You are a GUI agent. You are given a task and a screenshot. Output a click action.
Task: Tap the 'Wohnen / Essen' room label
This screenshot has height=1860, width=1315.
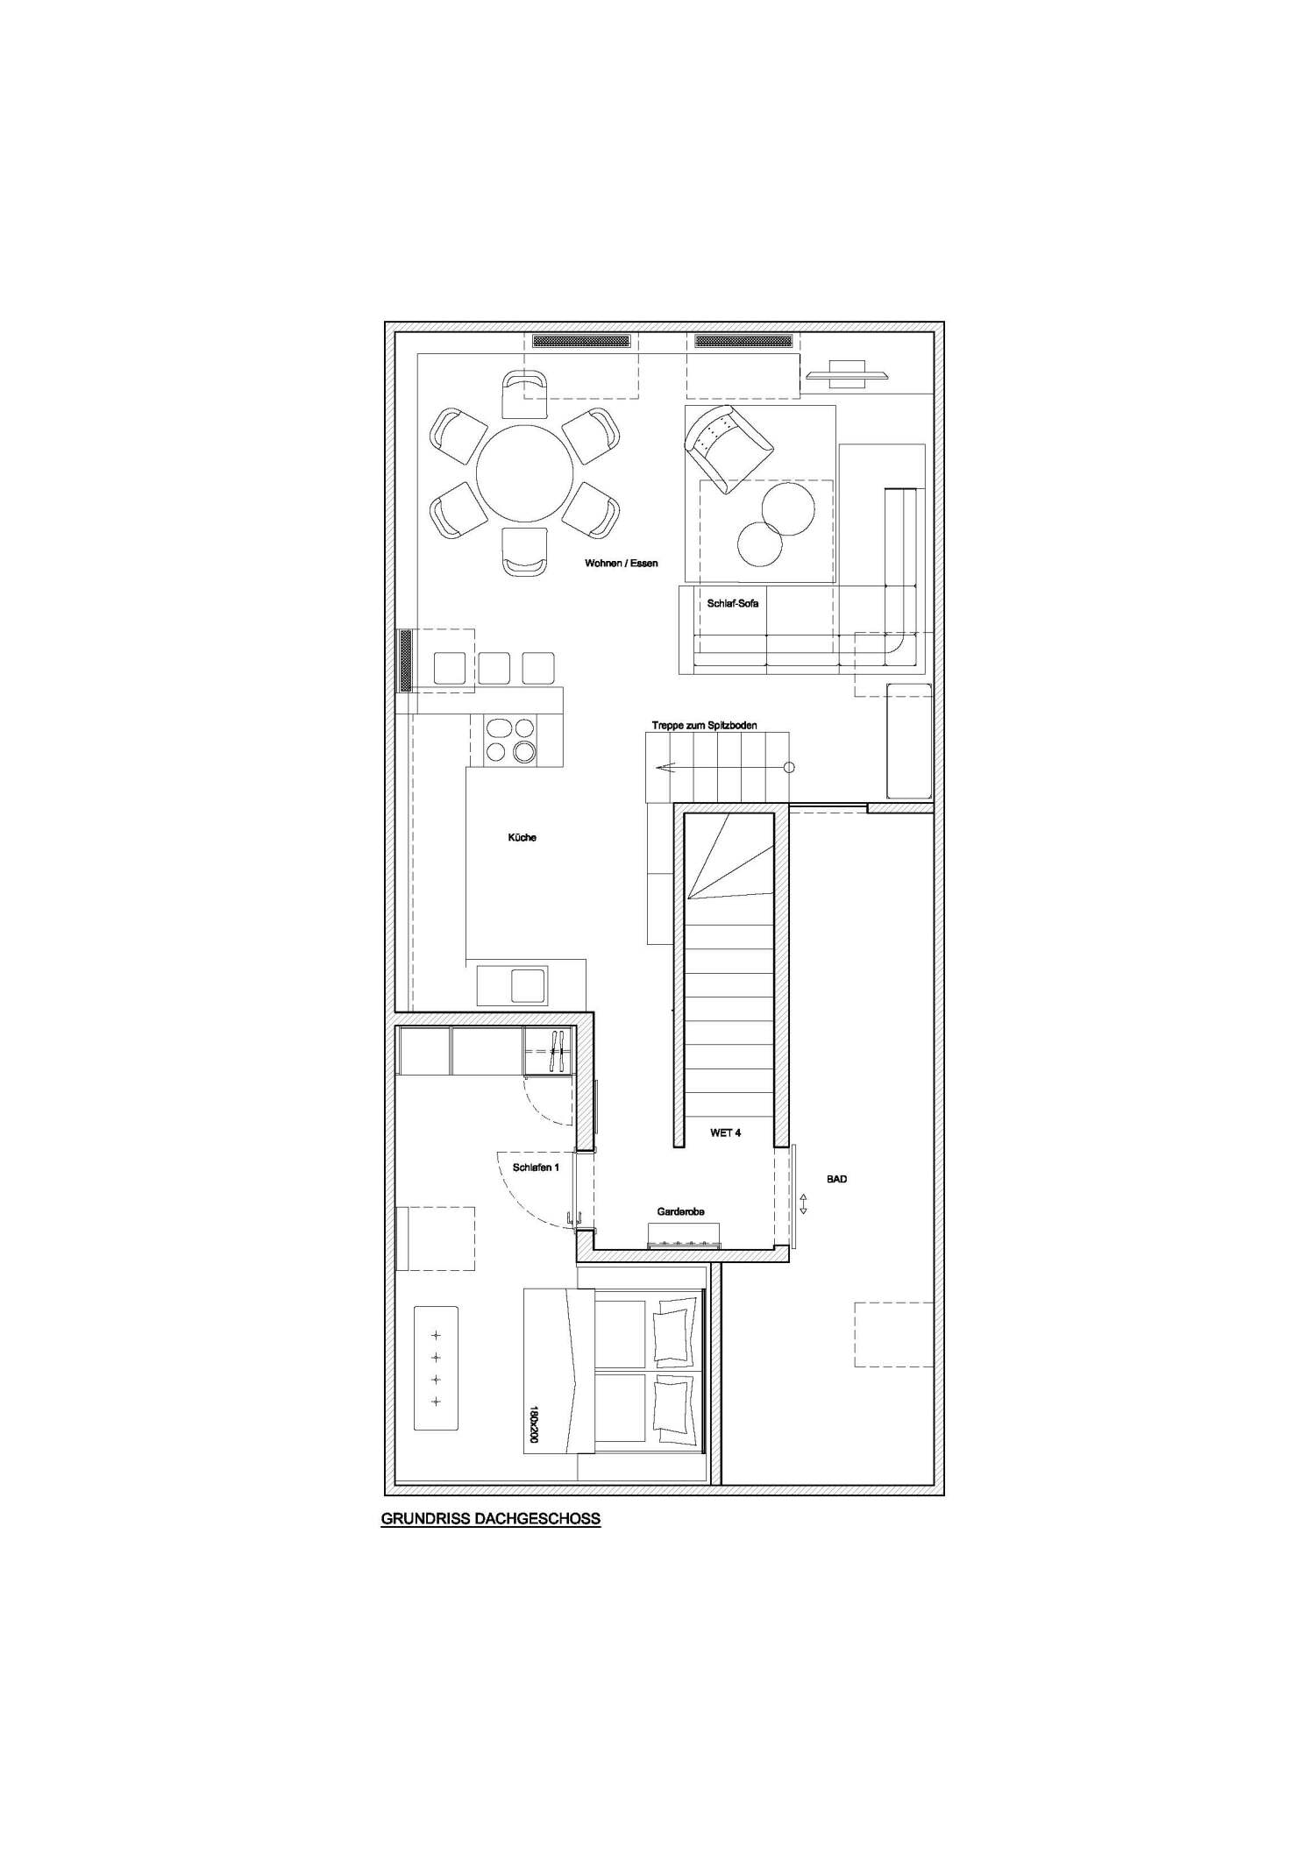pyautogui.click(x=621, y=563)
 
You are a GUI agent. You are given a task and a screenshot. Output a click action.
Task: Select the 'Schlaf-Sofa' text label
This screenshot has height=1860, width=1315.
pyautogui.click(x=732, y=603)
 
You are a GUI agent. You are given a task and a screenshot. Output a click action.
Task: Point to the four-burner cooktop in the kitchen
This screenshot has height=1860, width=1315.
pyautogui.click(x=509, y=740)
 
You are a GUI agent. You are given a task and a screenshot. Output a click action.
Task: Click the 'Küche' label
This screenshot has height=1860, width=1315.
pyautogui.click(x=522, y=837)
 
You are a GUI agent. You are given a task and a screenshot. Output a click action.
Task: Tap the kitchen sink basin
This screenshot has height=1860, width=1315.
pyautogui.click(x=528, y=985)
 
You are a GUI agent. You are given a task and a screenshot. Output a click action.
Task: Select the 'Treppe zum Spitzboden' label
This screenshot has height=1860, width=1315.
pyautogui.click(x=704, y=725)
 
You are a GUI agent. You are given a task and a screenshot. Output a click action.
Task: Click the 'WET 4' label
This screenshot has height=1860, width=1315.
pyautogui.click(x=725, y=1132)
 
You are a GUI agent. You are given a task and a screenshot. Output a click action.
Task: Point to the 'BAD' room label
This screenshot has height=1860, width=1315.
pyautogui.click(x=836, y=1179)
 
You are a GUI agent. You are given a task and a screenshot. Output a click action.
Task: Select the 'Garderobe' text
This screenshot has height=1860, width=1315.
pyautogui.click(x=680, y=1211)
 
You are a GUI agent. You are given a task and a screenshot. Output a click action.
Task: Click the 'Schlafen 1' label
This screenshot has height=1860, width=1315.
pyautogui.click(x=535, y=1167)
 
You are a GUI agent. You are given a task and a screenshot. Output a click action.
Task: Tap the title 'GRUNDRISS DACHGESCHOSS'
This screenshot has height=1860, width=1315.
pyautogui.click(x=490, y=1519)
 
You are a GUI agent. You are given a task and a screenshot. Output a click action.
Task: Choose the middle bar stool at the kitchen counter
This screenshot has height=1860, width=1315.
pyautogui.click(x=494, y=668)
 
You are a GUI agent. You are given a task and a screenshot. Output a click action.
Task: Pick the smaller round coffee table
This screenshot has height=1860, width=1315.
pyautogui.click(x=759, y=543)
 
